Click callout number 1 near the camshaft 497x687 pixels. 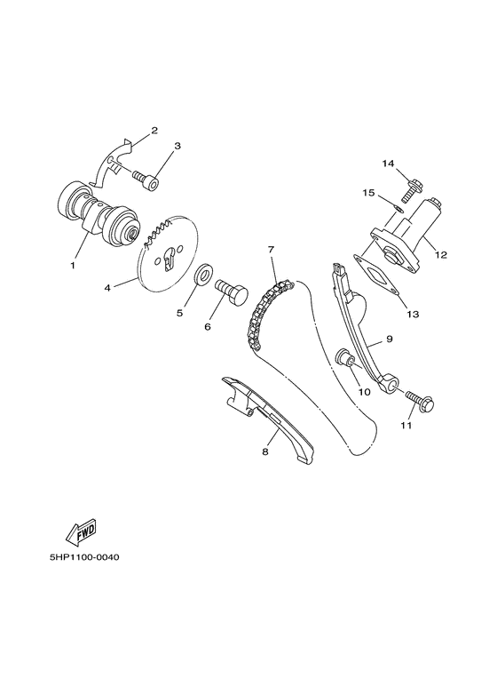(x=73, y=264)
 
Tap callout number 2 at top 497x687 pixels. (x=154, y=131)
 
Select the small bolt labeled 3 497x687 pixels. (x=148, y=181)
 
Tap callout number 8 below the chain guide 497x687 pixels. (x=264, y=452)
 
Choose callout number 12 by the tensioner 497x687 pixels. (x=441, y=254)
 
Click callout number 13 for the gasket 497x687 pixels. (x=412, y=313)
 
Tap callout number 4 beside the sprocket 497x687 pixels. (x=107, y=287)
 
